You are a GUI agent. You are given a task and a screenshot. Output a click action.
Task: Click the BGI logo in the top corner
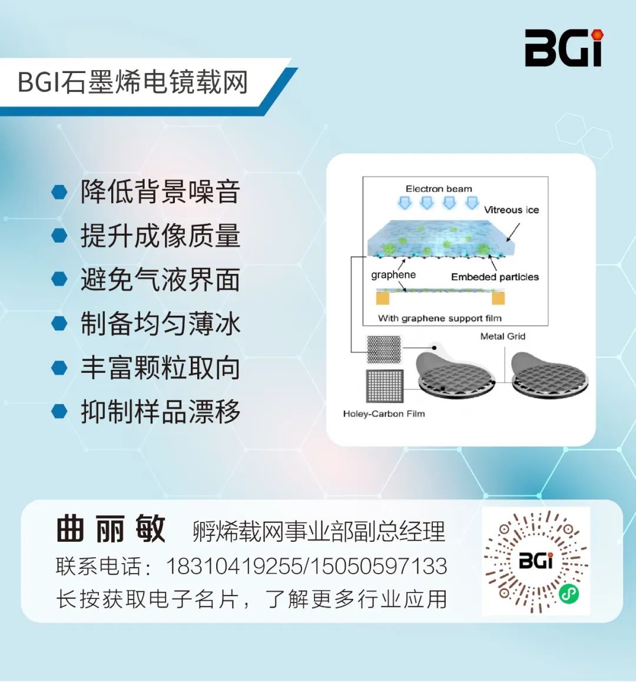point(564,48)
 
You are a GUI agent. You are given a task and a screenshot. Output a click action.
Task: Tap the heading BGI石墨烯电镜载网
point(133,82)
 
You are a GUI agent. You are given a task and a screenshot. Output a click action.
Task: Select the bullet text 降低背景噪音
point(160,192)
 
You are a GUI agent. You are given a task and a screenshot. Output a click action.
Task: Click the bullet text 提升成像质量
point(160,236)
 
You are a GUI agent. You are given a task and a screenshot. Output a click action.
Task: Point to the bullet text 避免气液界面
point(160,279)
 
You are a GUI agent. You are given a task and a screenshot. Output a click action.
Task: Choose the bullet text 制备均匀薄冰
point(160,323)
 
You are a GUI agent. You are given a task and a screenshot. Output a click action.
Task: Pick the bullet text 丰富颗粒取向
point(160,368)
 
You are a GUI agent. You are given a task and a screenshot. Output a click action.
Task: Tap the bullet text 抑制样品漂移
point(160,411)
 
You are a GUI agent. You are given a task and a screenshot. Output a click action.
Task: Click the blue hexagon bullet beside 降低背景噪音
point(59,192)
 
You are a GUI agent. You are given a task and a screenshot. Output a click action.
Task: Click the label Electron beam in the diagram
point(439,189)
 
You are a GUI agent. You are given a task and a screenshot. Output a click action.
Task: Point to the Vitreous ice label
point(511,210)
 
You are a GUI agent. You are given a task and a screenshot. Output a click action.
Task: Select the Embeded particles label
point(495,277)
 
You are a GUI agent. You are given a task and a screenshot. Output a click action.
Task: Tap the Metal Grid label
point(502,336)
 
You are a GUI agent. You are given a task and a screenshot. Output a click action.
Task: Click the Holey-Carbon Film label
point(383,413)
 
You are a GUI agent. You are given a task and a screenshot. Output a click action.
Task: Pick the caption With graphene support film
point(439,318)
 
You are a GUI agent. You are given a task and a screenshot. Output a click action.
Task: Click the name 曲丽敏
point(111,529)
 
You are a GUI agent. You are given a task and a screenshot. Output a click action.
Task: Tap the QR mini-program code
point(536,561)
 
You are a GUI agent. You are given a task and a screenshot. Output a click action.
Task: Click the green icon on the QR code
point(568,593)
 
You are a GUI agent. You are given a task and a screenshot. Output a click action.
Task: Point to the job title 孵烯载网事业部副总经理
point(319,531)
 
